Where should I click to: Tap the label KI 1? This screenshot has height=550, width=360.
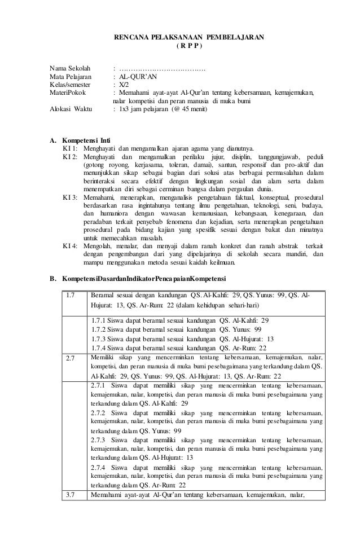[71, 148]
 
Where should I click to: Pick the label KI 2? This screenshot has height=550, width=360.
[71, 156]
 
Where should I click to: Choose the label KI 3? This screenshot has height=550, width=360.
[71, 199]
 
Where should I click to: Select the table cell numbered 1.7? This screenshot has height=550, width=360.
[71, 296]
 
